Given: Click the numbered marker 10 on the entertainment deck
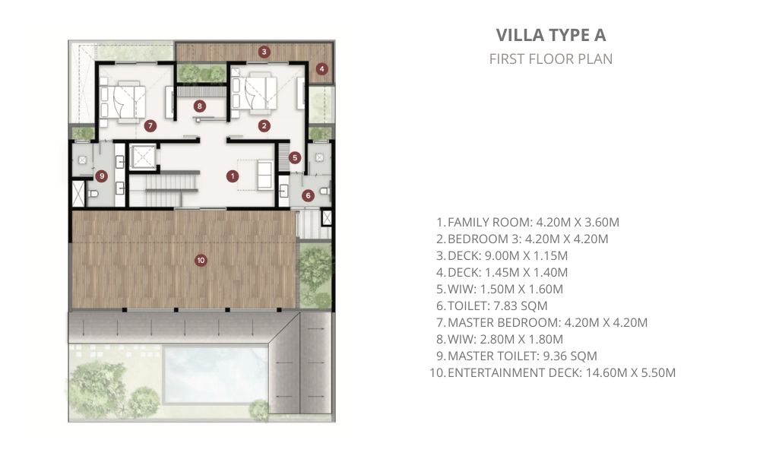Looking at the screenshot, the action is (201, 260).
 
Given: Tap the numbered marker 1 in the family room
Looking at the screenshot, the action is (233, 176).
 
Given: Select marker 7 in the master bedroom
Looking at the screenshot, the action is (150, 126).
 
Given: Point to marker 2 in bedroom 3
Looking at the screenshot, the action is (264, 126).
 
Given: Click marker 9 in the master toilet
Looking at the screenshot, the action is (101, 176).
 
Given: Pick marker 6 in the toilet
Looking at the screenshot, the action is (308, 196).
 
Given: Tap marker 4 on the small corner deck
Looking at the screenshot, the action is (321, 69).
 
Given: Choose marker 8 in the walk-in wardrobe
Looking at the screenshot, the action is (199, 106).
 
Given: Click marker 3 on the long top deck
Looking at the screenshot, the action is (264, 52).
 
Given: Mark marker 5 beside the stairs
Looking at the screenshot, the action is (295, 157).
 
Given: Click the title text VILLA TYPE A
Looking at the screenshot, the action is (551, 35).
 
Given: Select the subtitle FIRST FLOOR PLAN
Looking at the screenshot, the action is (551, 59).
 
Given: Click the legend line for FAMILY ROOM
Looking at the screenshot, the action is (527, 222).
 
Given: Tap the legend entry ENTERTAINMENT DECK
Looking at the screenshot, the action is (552, 372).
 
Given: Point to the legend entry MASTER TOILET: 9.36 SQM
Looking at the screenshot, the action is (516, 356).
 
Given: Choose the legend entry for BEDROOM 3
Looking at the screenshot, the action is (521, 239).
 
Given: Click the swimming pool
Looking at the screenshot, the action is (216, 375).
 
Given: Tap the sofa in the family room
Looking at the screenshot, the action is (265, 175).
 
